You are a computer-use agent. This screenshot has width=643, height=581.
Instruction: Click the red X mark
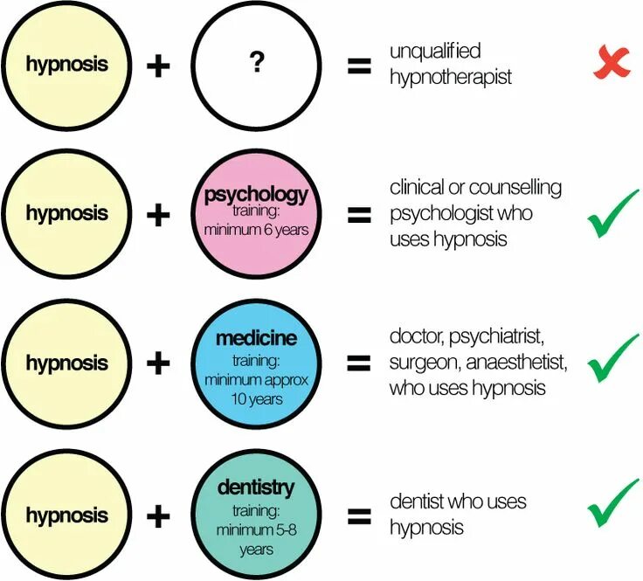pos(612,63)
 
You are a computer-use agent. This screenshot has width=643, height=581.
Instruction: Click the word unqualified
pos(435,52)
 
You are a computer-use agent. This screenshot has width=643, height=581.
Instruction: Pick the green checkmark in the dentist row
pos(612,504)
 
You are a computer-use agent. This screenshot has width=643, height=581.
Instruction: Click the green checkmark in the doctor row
pos(612,360)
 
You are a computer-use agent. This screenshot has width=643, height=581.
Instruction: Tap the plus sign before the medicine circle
pos(157,363)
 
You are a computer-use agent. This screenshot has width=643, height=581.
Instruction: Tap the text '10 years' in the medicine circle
pos(256,398)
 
